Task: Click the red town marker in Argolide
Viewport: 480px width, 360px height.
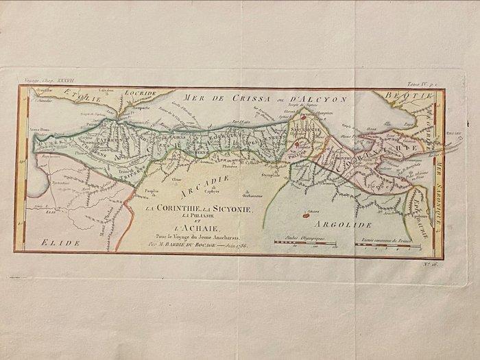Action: (x=302, y=214)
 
